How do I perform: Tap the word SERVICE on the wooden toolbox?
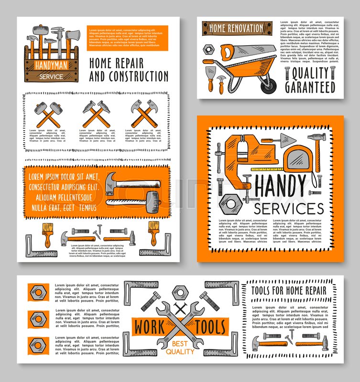[51, 76]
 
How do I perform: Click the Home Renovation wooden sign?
[233, 28]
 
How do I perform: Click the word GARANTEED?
[310, 87]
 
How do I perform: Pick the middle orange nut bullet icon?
[38, 318]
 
